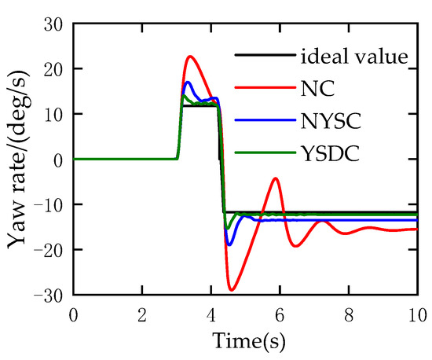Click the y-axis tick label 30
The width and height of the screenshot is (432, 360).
pyautogui.click(x=53, y=24)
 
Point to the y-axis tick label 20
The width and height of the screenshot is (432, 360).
pyautogui.click(x=53, y=69)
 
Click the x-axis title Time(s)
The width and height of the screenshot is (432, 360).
pyautogui.click(x=247, y=342)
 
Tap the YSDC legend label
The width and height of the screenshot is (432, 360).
pyautogui.click(x=328, y=155)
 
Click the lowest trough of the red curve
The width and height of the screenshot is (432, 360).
pyautogui.click(x=232, y=290)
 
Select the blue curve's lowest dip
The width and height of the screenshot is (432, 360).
pyautogui.click(x=229, y=245)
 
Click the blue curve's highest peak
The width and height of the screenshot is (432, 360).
pyautogui.click(x=188, y=82)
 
